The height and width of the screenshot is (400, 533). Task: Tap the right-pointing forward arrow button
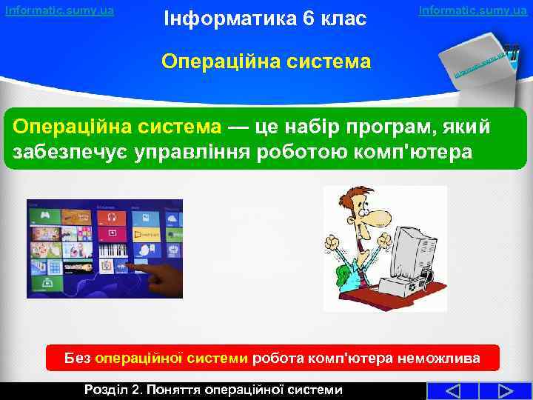tap(507, 390)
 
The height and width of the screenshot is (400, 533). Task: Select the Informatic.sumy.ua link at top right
tap(472, 10)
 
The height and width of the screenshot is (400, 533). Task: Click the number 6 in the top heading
tap(304, 17)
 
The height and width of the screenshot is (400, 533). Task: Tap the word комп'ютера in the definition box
tap(423, 153)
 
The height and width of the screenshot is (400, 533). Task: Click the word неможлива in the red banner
tap(438, 359)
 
